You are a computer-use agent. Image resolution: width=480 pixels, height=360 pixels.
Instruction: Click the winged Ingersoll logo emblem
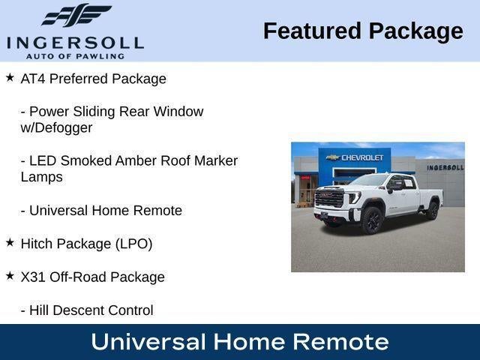pyautogui.click(x=76, y=15)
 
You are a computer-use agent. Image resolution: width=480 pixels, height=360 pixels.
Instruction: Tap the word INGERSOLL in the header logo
pyautogui.click(x=75, y=43)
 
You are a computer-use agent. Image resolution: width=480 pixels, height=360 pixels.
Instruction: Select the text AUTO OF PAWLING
pyautogui.click(x=75, y=56)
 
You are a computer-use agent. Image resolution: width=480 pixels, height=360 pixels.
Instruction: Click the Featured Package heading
pyautogui.click(x=363, y=31)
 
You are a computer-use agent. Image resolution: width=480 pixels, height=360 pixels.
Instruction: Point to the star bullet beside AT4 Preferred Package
pyautogui.click(x=10, y=77)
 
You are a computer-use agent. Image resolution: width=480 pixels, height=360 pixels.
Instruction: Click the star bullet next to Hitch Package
pyautogui.click(x=10, y=243)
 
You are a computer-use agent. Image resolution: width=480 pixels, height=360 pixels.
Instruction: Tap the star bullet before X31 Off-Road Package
pyautogui.click(x=10, y=276)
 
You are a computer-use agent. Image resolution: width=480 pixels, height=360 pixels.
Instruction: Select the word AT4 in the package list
pyautogui.click(x=33, y=79)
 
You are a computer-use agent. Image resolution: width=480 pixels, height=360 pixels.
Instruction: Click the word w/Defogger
pyautogui.click(x=57, y=128)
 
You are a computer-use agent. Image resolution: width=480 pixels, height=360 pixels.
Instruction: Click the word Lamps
pyautogui.click(x=42, y=177)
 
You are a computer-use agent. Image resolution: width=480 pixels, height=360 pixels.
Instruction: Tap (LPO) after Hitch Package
pyautogui.click(x=133, y=244)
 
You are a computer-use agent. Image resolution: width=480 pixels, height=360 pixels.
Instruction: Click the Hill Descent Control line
pyautogui.click(x=87, y=310)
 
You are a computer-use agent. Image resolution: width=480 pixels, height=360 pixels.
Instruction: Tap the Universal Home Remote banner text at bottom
pyautogui.click(x=240, y=342)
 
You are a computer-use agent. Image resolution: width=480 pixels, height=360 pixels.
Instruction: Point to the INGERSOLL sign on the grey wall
pyautogui.click(x=445, y=168)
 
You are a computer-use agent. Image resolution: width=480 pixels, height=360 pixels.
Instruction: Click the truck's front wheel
pyautogui.click(x=373, y=220)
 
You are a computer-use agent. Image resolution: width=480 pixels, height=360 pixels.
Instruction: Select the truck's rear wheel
pyautogui.click(x=433, y=210)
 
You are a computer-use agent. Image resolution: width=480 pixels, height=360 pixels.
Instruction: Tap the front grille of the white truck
pyautogui.click(x=329, y=197)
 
